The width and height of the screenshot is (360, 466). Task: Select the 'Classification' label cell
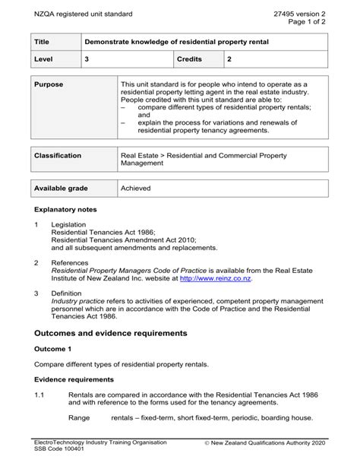point(58,156)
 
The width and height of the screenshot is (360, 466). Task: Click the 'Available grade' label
point(62,188)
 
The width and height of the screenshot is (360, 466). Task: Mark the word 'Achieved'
point(136,188)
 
